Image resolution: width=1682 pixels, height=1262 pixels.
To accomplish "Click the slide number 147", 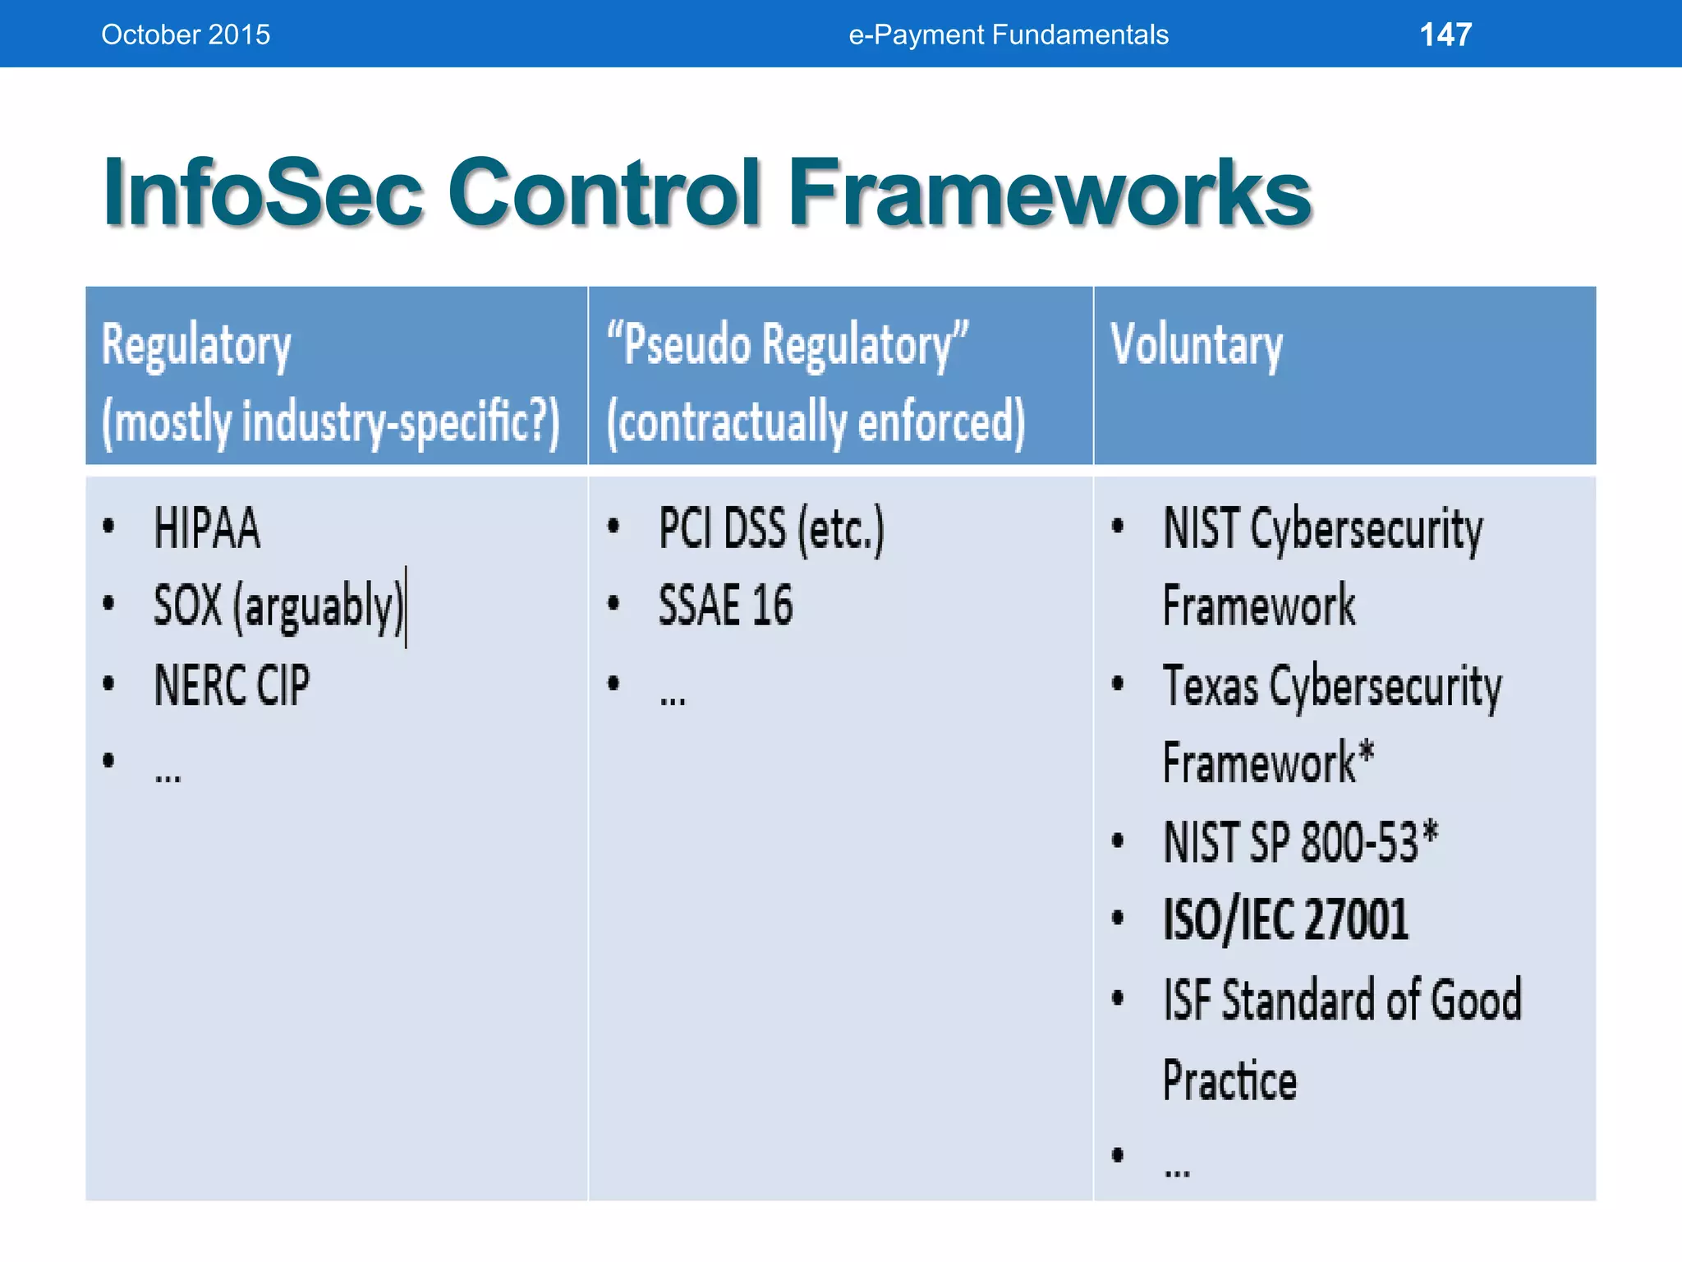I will point(1445,35).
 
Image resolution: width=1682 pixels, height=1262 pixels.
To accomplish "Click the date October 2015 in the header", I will point(186,35).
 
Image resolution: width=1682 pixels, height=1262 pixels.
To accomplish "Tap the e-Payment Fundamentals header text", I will point(1008,35).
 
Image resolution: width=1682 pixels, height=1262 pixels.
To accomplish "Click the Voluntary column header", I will point(1196,345).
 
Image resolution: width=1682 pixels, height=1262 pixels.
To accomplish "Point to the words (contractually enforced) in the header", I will point(816,421).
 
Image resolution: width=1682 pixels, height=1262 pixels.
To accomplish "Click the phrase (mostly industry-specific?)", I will point(330,421).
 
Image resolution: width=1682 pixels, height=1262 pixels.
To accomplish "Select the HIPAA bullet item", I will point(207,527).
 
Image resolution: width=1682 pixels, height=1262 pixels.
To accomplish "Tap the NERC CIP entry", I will point(232,684).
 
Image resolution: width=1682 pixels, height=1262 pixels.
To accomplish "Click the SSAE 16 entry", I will point(725,606).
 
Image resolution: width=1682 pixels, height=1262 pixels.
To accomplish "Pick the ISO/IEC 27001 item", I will point(1285,919).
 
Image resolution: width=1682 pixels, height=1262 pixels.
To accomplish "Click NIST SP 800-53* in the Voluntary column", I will point(1300,841).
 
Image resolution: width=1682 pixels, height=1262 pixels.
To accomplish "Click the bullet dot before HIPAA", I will point(108,526).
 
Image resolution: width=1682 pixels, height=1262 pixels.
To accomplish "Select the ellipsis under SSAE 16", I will point(672,699).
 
